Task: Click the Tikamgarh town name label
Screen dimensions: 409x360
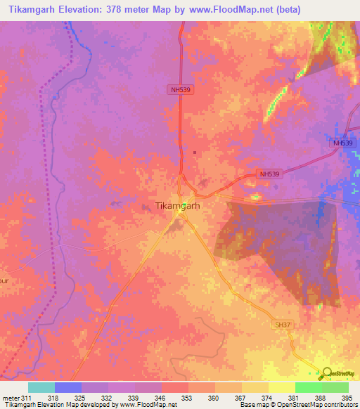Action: tap(177, 207)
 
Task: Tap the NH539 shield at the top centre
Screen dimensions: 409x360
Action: tap(181, 89)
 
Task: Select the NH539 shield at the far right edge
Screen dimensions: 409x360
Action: tap(342, 143)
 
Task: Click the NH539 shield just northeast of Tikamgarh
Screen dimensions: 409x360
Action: tap(270, 174)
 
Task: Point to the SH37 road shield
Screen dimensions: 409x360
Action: tap(282, 324)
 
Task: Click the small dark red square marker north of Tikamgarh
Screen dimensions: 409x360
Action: tap(195, 152)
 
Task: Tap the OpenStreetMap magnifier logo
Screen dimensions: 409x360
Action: tap(326, 374)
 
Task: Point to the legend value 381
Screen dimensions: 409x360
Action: tap(295, 398)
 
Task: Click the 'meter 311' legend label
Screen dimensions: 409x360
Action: tap(15, 398)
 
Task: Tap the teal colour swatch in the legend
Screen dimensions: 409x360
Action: tap(41, 387)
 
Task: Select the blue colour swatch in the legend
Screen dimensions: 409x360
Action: tap(68, 387)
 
